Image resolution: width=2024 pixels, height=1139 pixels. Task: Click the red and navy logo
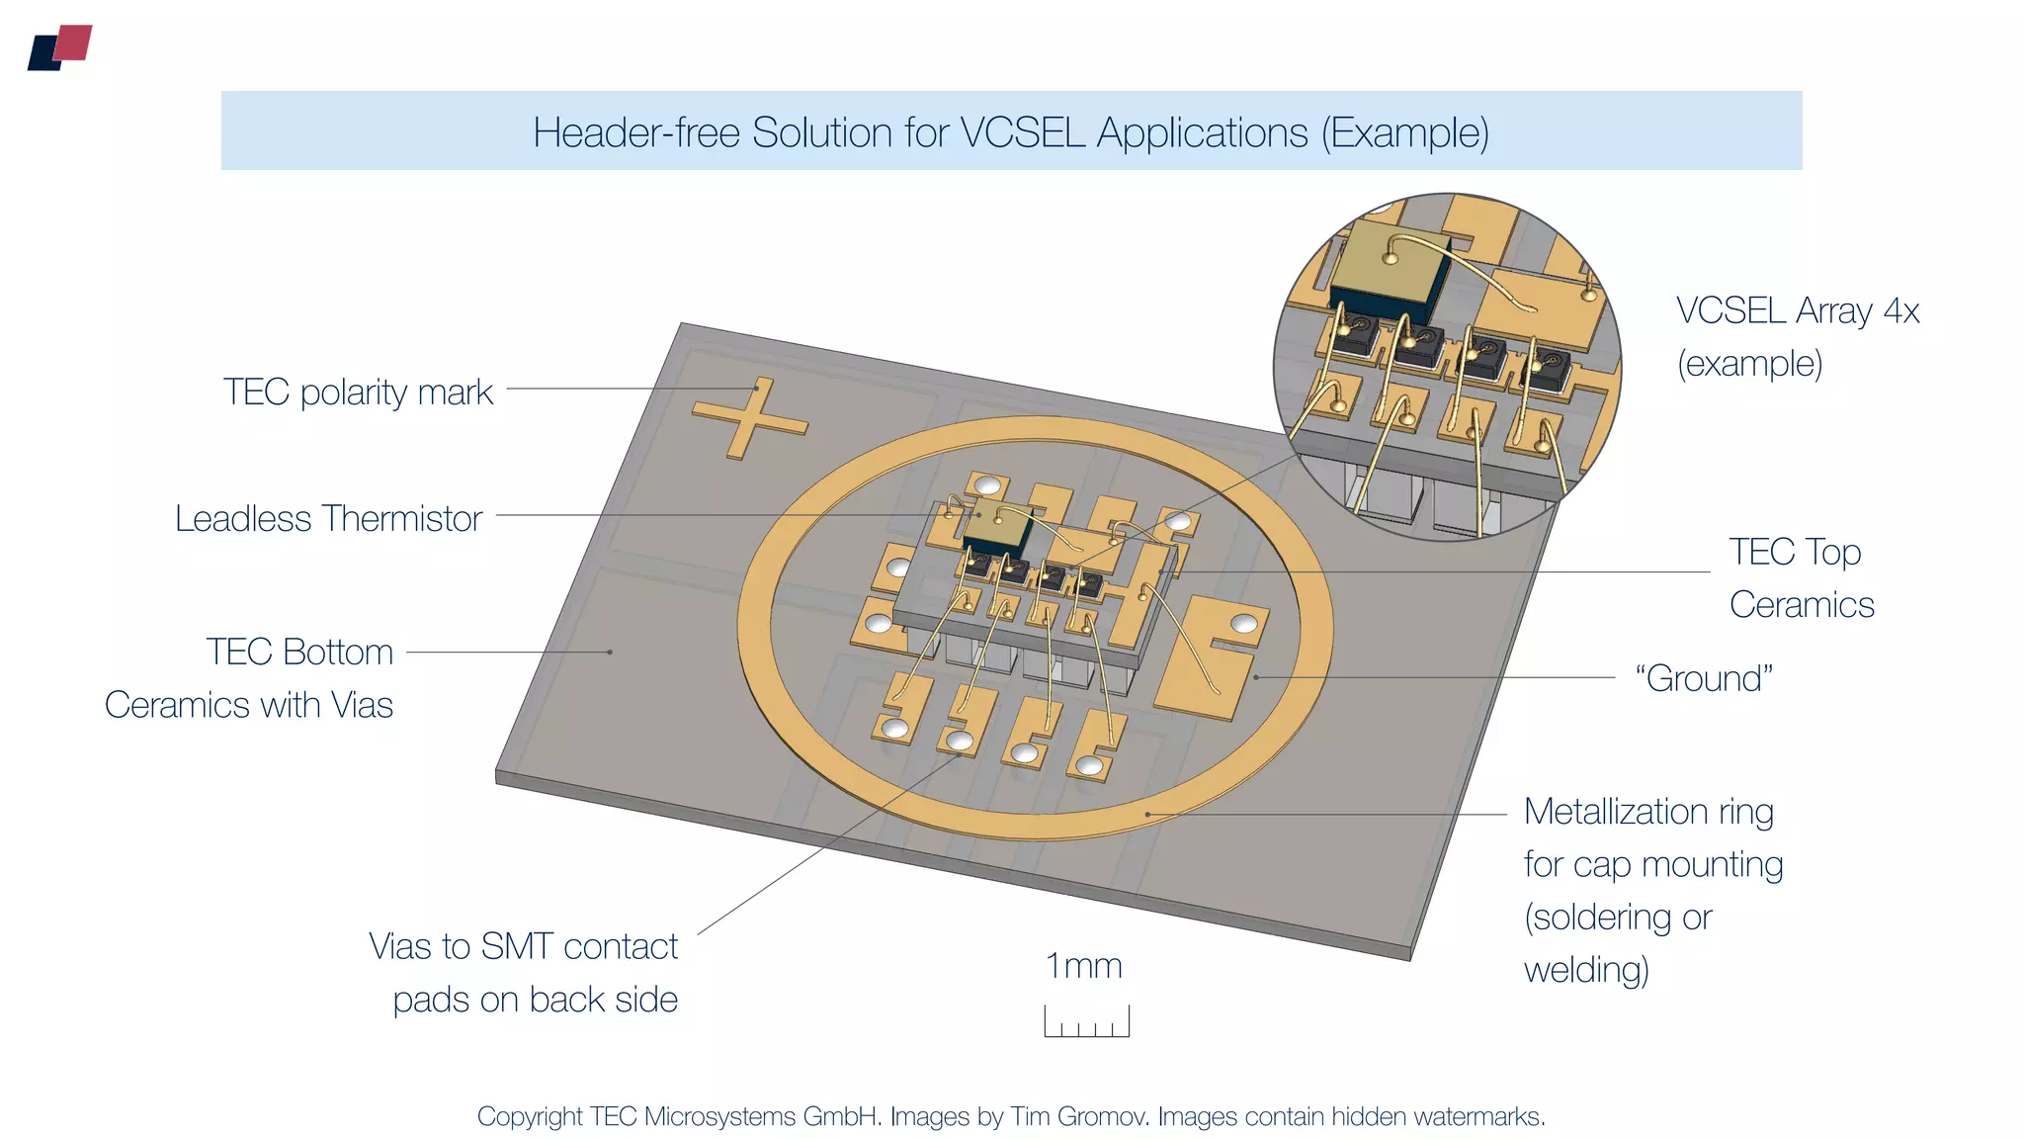coord(60,47)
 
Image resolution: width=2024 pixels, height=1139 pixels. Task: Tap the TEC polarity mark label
coord(358,393)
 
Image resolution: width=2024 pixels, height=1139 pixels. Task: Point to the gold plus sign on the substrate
coord(749,418)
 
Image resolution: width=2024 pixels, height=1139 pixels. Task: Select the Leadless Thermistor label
coord(328,519)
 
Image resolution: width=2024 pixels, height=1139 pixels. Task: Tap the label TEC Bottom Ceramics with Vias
coord(250,678)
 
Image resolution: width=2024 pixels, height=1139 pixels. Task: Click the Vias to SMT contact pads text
coord(524,973)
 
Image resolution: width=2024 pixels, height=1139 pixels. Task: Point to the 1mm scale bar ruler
coord(1086,1021)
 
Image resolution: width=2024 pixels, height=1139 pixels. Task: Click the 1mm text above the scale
coord(1084,966)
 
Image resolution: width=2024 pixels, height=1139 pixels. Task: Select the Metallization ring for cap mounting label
coord(1652,890)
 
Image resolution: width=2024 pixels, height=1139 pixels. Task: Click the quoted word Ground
coord(1704,679)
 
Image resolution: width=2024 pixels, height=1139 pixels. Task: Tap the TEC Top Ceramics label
coord(1801,578)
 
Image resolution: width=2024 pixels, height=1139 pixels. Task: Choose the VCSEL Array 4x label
coord(1797,336)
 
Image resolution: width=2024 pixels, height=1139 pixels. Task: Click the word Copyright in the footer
coord(530,1117)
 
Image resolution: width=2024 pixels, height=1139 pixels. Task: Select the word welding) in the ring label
coord(1586,970)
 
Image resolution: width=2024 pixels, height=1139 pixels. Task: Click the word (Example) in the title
coord(1404,132)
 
